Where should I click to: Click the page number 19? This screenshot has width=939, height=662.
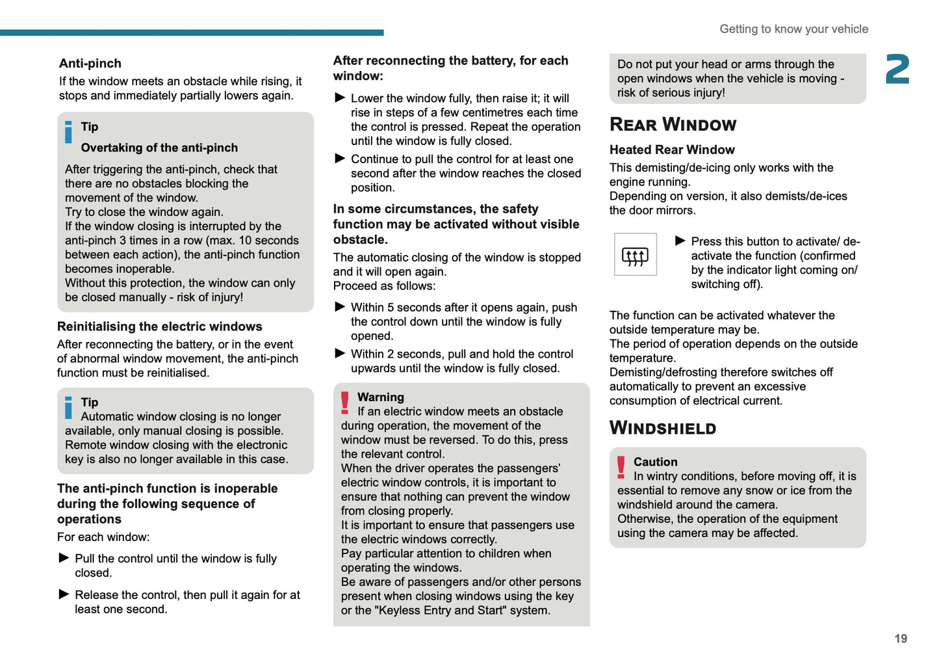900,639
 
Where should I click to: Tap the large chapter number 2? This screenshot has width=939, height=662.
897,70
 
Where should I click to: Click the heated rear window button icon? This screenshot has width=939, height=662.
635,255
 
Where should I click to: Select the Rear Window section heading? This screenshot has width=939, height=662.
673,124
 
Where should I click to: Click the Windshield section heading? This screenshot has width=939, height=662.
662,428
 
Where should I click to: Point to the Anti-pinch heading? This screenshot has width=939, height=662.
90,63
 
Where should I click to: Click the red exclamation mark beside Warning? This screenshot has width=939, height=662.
345,403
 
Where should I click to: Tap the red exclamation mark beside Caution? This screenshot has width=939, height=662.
621,467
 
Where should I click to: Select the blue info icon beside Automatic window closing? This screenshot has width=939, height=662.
69,407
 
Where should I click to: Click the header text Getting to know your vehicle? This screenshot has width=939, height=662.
793,29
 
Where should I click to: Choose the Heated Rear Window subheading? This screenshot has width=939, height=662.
672,150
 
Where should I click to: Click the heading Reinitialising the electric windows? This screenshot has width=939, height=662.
160,326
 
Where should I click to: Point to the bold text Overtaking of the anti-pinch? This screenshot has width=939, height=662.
159,148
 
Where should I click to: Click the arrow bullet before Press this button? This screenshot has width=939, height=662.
680,241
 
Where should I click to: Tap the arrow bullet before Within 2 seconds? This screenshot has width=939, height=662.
340,353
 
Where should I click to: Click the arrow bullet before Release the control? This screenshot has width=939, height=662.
64,594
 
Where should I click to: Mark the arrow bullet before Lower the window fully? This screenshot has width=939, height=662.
340,98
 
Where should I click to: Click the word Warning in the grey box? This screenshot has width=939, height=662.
380,397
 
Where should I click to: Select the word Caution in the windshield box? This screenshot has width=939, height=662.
655,462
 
